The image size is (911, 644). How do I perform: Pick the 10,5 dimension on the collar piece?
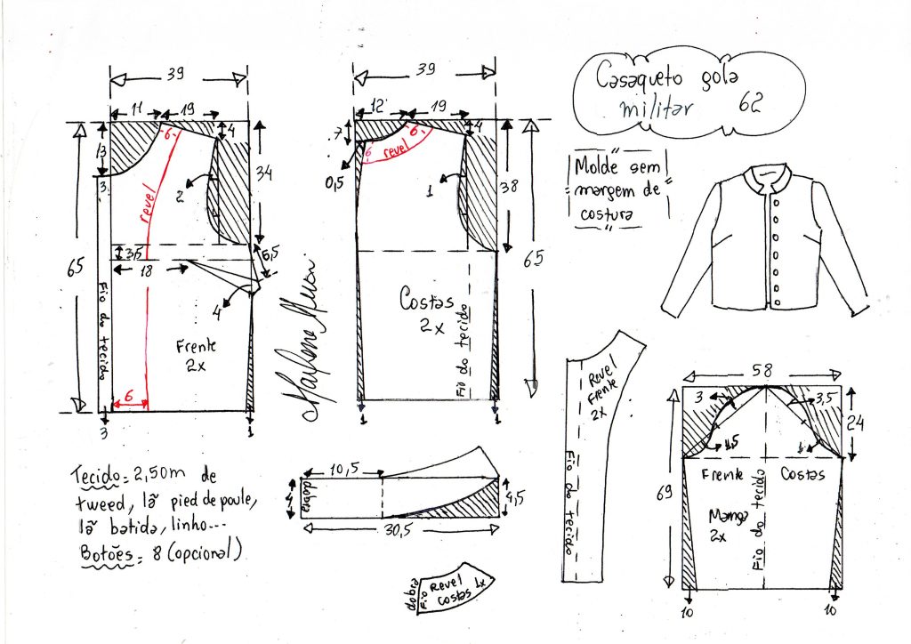[x=341, y=468]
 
